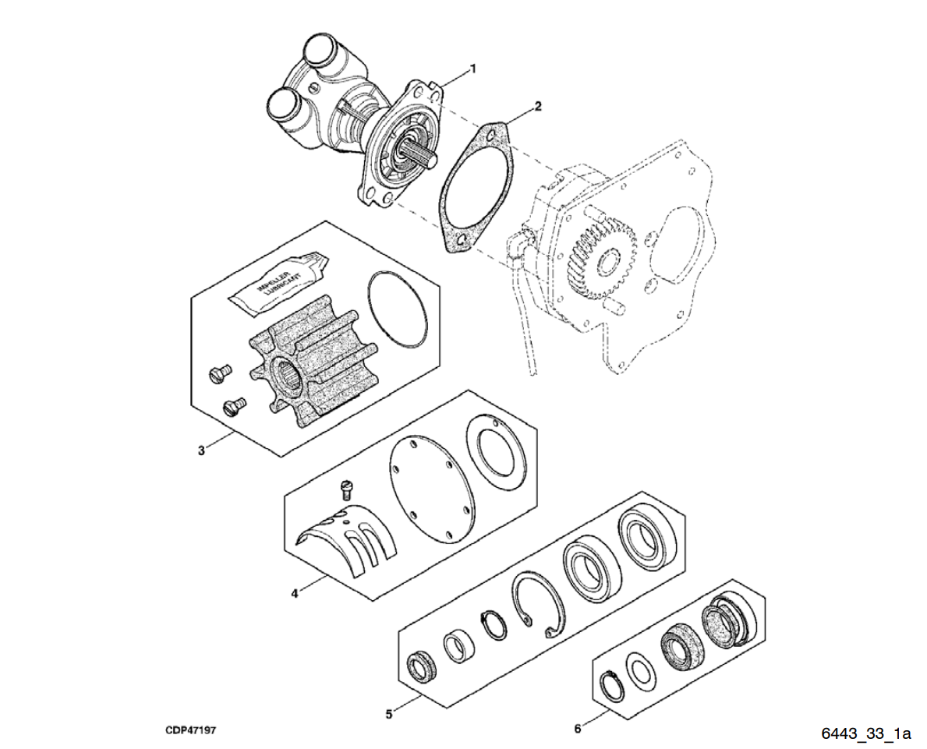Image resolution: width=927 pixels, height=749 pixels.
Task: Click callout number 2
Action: click(x=537, y=104)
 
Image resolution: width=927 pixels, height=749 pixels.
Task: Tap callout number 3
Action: click(x=201, y=450)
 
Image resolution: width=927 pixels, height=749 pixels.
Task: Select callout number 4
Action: click(x=294, y=594)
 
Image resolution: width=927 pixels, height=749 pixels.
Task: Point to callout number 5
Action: click(x=390, y=712)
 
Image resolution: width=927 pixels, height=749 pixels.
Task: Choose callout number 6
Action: click(x=577, y=729)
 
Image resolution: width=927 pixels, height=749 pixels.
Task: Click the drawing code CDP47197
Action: click(x=190, y=730)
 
